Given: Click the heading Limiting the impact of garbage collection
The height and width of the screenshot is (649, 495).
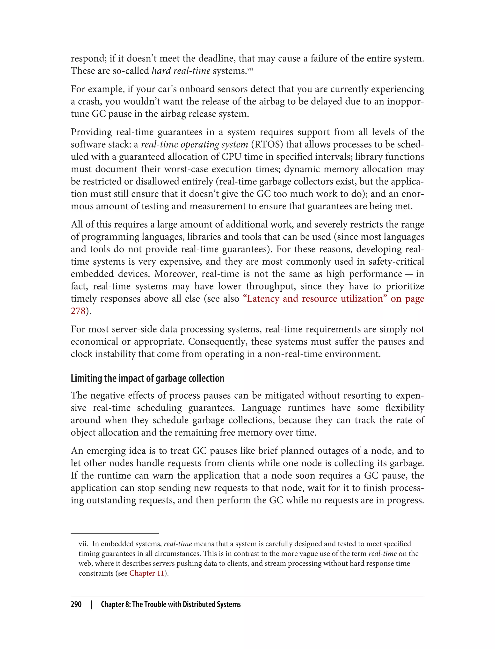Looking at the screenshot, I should [x=147, y=378].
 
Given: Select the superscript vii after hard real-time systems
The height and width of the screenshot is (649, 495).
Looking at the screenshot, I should [x=250, y=69].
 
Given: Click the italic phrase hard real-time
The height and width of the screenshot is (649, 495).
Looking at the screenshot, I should [x=181, y=71].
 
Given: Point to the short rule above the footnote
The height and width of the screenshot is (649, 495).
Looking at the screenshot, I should [x=115, y=533].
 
